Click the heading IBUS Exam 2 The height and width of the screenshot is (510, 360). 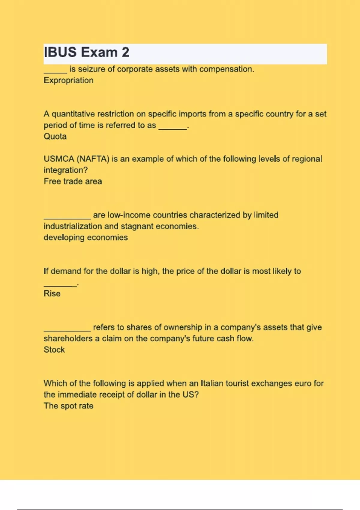point(86,52)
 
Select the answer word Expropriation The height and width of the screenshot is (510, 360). point(68,80)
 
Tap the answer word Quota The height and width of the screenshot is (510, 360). point(55,136)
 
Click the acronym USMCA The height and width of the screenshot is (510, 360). point(59,159)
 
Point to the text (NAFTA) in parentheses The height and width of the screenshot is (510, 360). point(93,159)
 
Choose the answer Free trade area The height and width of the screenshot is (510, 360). point(73,181)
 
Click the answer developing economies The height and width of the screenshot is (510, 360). point(85,238)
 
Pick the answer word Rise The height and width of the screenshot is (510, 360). point(52,294)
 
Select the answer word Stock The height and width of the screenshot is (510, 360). point(54,350)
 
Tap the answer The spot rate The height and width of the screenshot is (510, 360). point(68,406)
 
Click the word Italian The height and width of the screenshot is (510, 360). point(212,383)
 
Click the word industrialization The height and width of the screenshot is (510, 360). point(73,226)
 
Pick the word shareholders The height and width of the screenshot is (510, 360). point(68,339)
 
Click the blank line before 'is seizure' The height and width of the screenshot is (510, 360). point(55,72)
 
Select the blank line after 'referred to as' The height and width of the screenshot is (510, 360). point(172,128)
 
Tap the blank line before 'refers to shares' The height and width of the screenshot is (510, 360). point(67,330)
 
